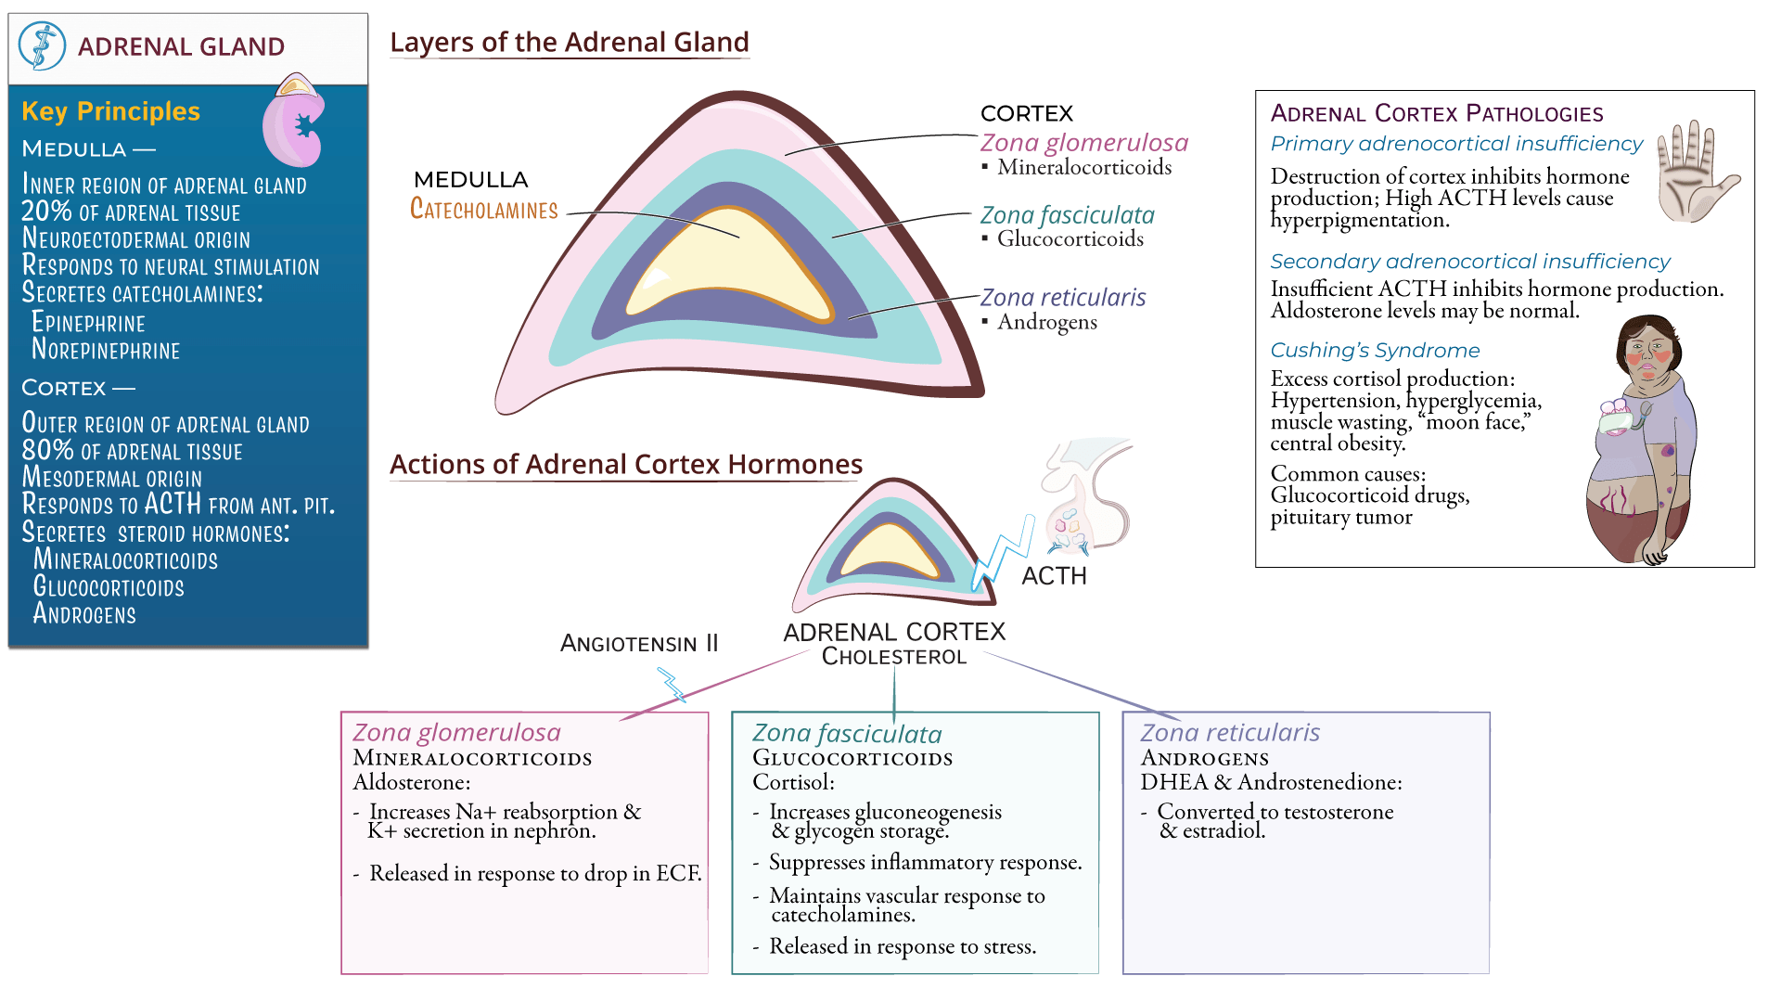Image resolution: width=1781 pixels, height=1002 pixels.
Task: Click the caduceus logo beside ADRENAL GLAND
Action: (x=43, y=45)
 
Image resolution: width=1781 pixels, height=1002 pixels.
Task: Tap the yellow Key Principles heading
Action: (x=110, y=111)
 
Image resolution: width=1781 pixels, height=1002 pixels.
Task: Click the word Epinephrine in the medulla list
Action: (x=89, y=323)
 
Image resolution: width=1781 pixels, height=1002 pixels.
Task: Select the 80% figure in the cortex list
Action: (x=47, y=450)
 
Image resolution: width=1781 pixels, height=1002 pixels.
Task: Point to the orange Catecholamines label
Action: (x=483, y=210)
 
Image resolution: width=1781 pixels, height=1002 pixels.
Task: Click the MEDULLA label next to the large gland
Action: (x=470, y=179)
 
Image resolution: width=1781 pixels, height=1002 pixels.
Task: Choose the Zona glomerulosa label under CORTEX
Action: (x=1083, y=143)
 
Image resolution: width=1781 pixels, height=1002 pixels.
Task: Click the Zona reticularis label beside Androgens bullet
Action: (x=1063, y=298)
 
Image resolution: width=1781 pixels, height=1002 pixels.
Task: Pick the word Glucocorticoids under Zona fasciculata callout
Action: (x=1070, y=239)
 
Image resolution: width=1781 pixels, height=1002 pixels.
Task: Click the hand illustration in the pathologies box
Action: (x=1693, y=172)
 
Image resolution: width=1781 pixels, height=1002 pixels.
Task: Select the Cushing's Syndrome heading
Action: (x=1375, y=351)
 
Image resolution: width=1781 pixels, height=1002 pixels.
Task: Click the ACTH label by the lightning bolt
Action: (x=1054, y=576)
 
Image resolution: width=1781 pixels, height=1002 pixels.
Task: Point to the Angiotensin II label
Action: (x=639, y=644)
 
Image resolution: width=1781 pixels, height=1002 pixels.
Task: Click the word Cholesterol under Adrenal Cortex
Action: (x=894, y=657)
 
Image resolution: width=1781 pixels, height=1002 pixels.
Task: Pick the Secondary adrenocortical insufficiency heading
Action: (x=1469, y=262)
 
